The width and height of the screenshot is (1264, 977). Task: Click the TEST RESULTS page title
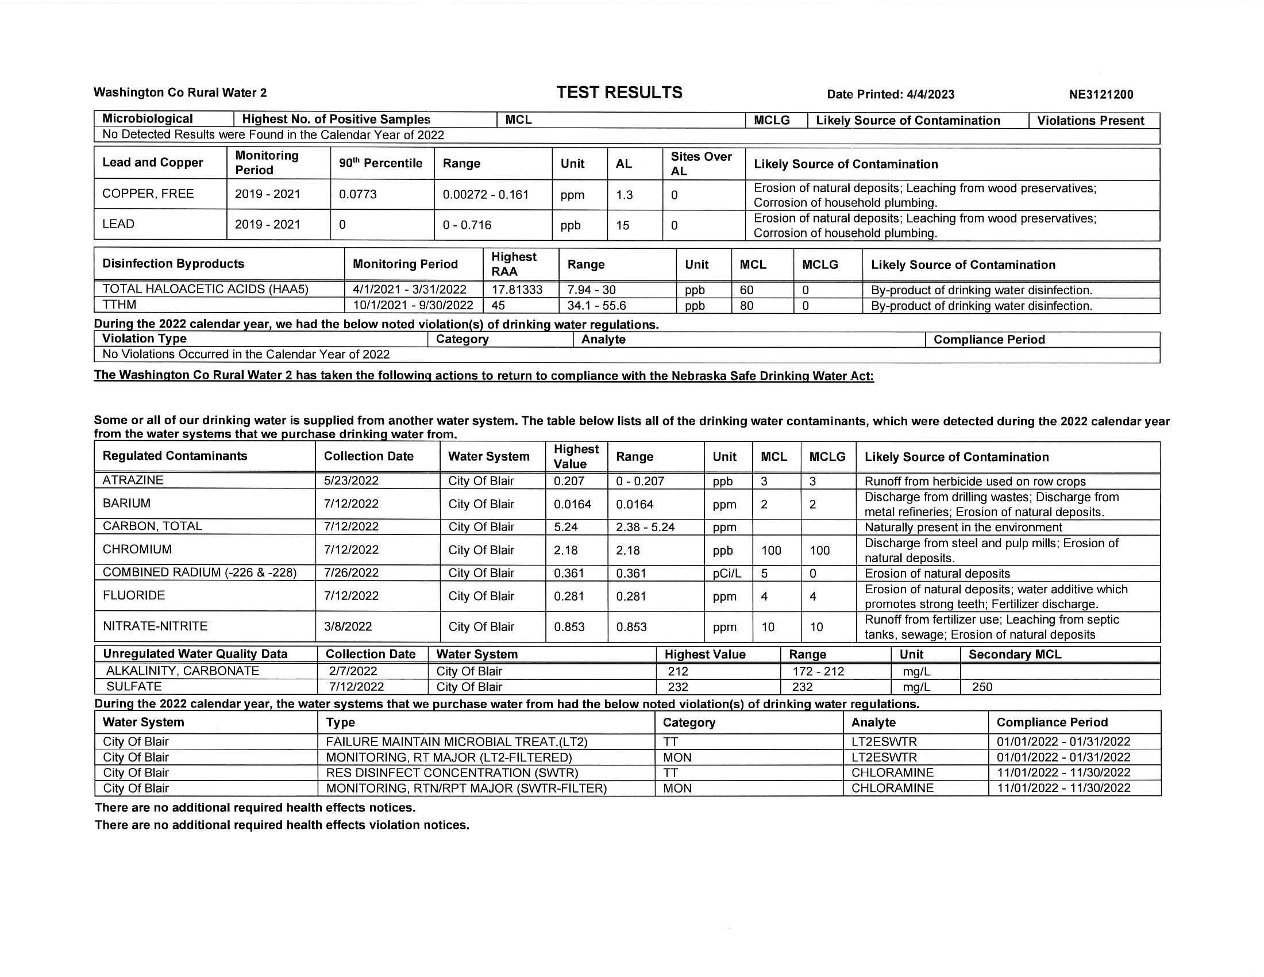[619, 93]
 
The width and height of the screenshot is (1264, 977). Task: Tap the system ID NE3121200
[1101, 94]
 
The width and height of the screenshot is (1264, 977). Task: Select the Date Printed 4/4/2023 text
[890, 94]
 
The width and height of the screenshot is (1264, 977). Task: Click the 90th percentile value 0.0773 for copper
[358, 194]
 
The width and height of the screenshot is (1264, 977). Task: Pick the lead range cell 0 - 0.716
[467, 225]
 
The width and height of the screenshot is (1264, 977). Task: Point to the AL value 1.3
[624, 195]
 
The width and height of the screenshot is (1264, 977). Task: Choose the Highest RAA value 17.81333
[517, 290]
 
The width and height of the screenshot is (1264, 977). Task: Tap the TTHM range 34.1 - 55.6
[596, 306]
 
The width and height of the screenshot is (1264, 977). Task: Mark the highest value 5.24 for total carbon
[565, 526]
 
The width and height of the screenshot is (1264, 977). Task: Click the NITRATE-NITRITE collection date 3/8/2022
[348, 626]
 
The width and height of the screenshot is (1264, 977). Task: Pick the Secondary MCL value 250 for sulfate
[982, 687]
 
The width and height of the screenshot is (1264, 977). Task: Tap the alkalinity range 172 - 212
[818, 671]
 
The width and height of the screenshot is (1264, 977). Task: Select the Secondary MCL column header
[1015, 655]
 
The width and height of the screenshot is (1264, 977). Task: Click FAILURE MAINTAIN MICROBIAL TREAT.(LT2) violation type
[457, 742]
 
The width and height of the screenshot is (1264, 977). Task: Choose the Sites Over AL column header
[701, 164]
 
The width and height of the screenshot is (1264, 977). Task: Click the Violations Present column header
[1090, 120]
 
